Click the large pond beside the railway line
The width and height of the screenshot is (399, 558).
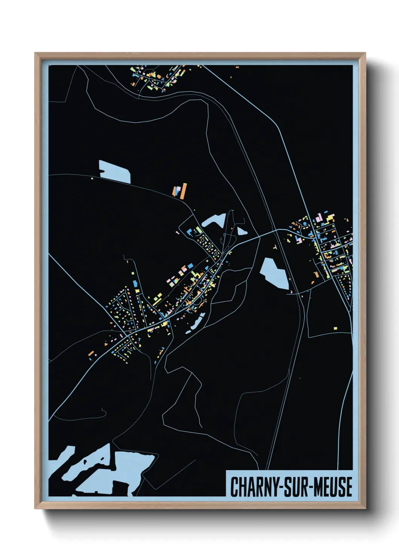(275, 274)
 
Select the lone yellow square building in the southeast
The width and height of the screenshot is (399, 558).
(335, 328)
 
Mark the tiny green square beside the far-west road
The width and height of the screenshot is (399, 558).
(92, 178)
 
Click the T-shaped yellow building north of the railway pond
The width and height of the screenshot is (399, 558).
(275, 247)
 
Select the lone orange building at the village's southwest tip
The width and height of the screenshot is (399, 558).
(91, 354)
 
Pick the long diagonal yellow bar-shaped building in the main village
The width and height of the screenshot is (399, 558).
(157, 298)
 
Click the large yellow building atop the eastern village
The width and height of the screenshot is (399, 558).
(330, 218)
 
